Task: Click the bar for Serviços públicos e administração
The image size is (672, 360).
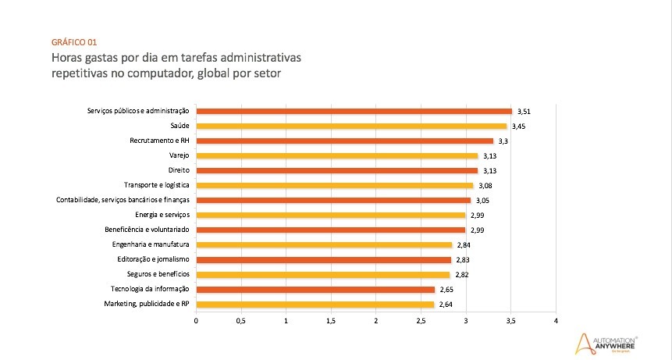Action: pyautogui.click(x=354, y=111)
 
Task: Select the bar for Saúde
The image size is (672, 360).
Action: pyautogui.click(x=351, y=126)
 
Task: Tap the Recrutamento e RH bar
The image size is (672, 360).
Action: pyautogui.click(x=344, y=141)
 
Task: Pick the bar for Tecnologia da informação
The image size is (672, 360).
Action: pyautogui.click(x=315, y=289)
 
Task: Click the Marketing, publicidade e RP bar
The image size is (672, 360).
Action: pyautogui.click(x=315, y=304)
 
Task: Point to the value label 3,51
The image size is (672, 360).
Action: pyautogui.click(x=524, y=112)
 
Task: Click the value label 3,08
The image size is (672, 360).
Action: pyautogui.click(x=485, y=186)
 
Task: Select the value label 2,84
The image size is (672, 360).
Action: pyautogui.click(x=464, y=245)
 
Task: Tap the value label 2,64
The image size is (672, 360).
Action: pyautogui.click(x=446, y=305)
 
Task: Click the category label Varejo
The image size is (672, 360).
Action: pyautogui.click(x=180, y=155)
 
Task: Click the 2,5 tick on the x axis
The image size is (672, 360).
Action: pyautogui.click(x=421, y=320)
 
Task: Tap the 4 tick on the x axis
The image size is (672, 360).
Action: pyautogui.click(x=556, y=320)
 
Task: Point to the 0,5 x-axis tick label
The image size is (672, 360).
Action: pyautogui.click(x=241, y=320)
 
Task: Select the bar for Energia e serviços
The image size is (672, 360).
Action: pyautogui.click(x=330, y=215)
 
